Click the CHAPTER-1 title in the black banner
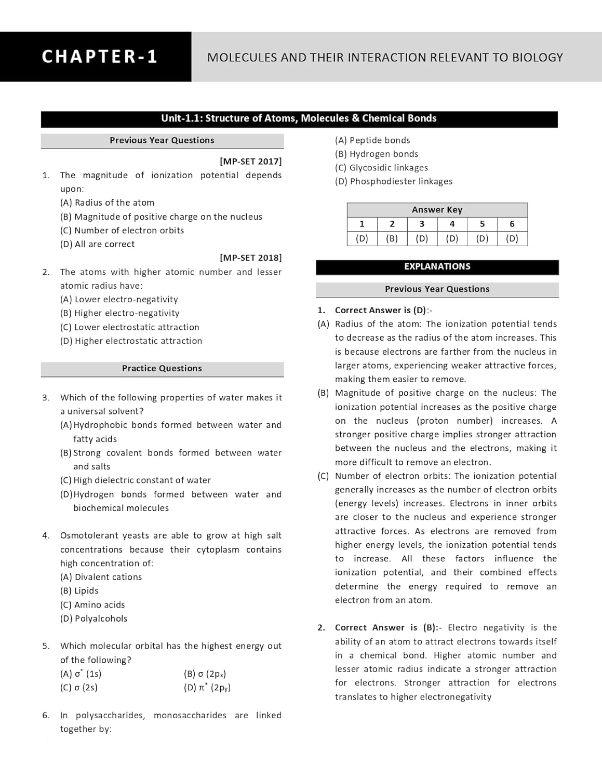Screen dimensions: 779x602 [99, 57]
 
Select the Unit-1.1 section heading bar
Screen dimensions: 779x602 [299, 118]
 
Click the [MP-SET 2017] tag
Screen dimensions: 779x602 [250, 162]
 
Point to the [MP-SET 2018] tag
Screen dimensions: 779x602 [250, 258]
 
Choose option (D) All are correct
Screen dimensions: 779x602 [98, 244]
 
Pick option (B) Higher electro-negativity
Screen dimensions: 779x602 [120, 313]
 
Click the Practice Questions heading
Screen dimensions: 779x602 [162, 369]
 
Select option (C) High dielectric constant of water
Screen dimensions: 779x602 [136, 480]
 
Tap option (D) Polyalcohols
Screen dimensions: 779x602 [94, 619]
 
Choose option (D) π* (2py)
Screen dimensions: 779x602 [207, 688]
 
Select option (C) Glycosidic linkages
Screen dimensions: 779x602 [382, 168]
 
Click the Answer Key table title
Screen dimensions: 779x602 [437, 210]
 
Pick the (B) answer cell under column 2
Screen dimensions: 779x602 [392, 239]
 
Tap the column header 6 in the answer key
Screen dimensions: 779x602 [512, 224]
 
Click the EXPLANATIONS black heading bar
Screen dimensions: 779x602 [437, 267]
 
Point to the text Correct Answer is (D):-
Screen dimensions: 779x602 [383, 311]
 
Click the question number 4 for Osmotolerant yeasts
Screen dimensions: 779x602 [46, 535]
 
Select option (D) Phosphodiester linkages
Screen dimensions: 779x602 [394, 182]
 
